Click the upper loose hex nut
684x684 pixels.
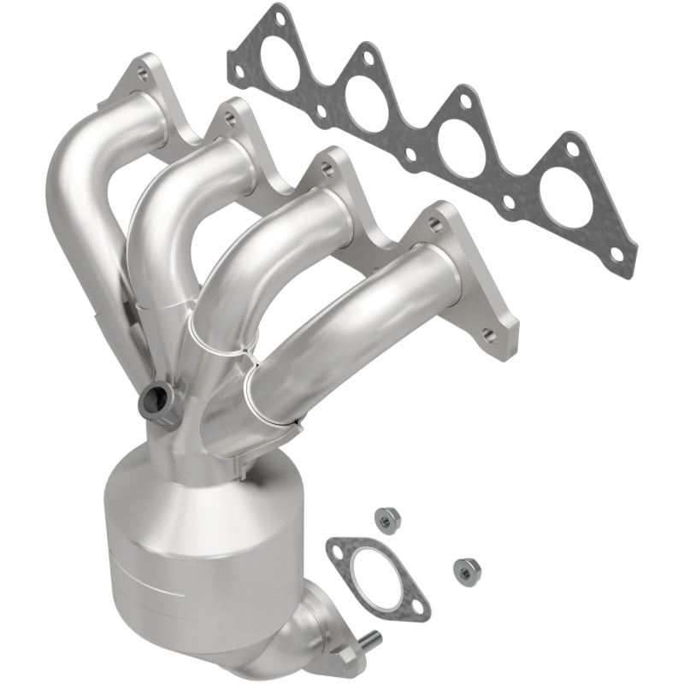coord(383,516)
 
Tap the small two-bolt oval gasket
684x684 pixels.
coord(376,571)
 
